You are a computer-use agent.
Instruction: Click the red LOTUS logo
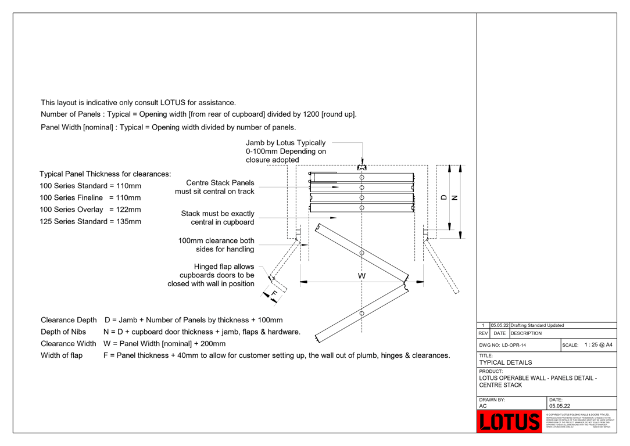coord(510,422)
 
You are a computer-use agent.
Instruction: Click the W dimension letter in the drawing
coord(361,276)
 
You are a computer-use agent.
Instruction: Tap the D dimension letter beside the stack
coord(445,197)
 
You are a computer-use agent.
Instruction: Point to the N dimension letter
coord(454,197)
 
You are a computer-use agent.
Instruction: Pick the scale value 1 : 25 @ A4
coord(598,345)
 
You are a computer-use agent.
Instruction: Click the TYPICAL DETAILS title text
coord(505,362)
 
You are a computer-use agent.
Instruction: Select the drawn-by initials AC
coord(483,406)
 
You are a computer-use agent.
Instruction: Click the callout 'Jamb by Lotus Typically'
coord(285,143)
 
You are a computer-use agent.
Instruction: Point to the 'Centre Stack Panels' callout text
coord(220,183)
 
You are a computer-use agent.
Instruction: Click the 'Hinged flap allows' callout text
coord(224,267)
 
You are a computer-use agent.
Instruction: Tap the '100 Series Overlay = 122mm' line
coord(90,210)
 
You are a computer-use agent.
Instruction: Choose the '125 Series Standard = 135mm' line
coord(90,221)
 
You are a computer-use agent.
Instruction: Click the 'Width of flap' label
coord(62,355)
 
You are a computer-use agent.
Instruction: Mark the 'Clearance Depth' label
coord(69,320)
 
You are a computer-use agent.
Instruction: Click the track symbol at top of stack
coord(361,168)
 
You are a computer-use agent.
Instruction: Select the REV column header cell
coord(483,333)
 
